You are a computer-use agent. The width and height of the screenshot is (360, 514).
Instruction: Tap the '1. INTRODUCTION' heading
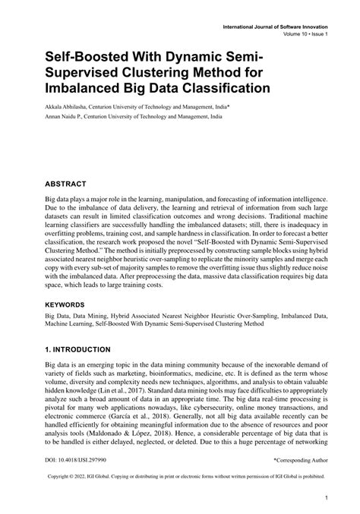78,350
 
